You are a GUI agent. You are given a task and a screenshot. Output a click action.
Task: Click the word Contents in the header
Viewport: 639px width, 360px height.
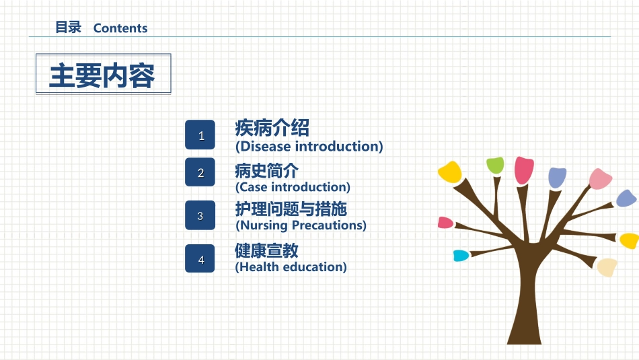[120, 28]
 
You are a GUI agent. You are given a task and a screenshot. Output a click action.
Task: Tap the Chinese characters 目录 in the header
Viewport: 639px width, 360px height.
[69, 28]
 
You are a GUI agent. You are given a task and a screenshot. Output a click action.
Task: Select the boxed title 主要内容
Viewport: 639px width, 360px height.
[102, 76]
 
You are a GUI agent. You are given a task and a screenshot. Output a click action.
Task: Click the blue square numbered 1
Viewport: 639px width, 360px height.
[200, 135]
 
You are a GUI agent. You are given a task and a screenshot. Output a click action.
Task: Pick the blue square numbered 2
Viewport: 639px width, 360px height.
[200, 172]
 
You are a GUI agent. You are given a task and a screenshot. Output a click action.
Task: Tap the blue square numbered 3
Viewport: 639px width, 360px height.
[200, 215]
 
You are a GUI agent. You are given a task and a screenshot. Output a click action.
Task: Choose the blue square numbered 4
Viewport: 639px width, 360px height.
[200, 258]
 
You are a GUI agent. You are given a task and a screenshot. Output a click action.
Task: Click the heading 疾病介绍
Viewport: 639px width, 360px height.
[272, 128]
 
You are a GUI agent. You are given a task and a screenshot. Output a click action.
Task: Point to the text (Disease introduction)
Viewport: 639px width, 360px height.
[309, 147]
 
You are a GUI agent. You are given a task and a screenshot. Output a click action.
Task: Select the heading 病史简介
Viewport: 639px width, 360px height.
[266, 171]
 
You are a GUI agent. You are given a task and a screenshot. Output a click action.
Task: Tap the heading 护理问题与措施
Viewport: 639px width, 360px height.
[291, 209]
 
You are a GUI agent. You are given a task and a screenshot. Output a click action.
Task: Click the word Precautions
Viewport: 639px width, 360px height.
[327, 225]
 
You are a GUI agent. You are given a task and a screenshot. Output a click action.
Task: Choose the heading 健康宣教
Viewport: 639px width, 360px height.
[266, 251]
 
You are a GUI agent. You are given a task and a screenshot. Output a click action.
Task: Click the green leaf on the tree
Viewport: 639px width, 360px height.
[495, 165]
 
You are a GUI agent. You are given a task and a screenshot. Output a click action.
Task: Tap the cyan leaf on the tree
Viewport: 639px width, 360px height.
[461, 256]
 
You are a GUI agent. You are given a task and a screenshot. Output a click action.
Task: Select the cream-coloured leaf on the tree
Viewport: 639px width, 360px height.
[607, 267]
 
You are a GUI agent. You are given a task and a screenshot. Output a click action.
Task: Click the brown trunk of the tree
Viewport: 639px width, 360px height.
[525, 301]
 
